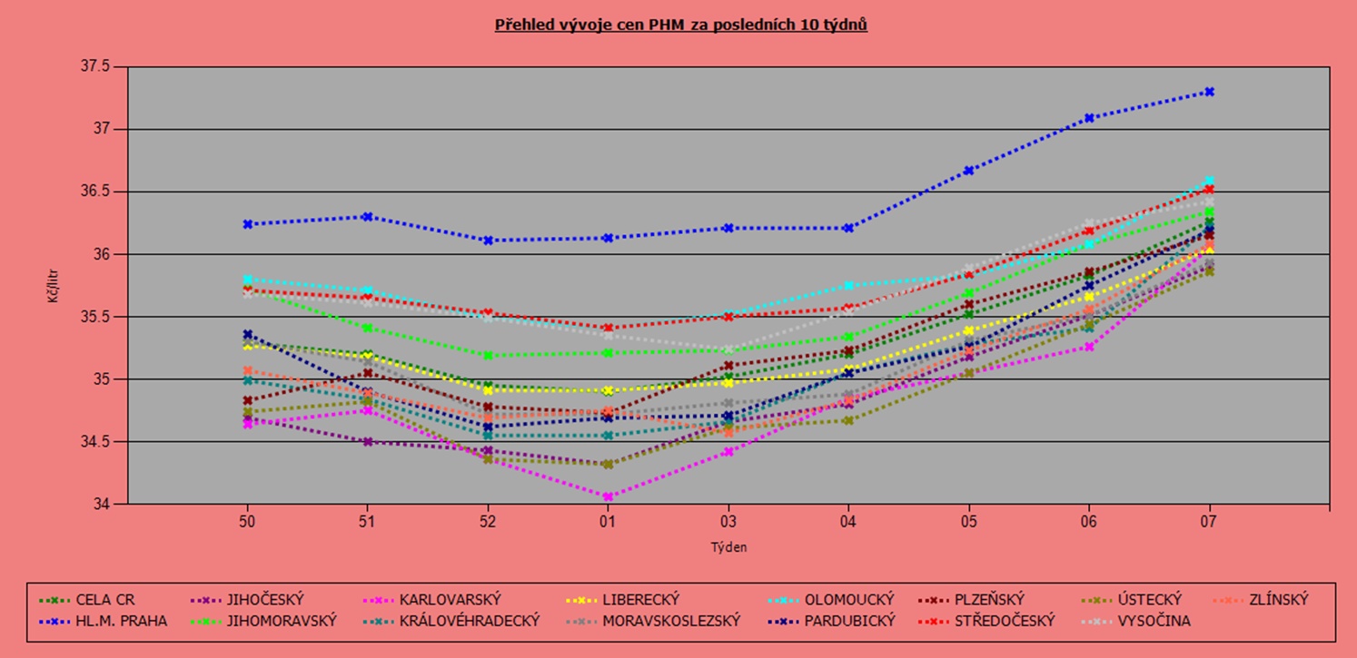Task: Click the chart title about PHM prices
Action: tap(680, 25)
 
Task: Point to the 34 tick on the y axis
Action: tap(102, 505)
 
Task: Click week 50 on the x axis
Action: tap(246, 522)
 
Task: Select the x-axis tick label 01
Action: tap(607, 522)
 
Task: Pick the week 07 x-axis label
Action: tap(1209, 522)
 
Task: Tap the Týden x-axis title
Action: tap(728, 547)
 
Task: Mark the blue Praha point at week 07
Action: tap(1209, 92)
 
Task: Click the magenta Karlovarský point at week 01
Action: tap(607, 496)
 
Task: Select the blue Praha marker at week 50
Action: tap(246, 224)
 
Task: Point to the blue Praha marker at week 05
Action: tap(968, 171)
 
